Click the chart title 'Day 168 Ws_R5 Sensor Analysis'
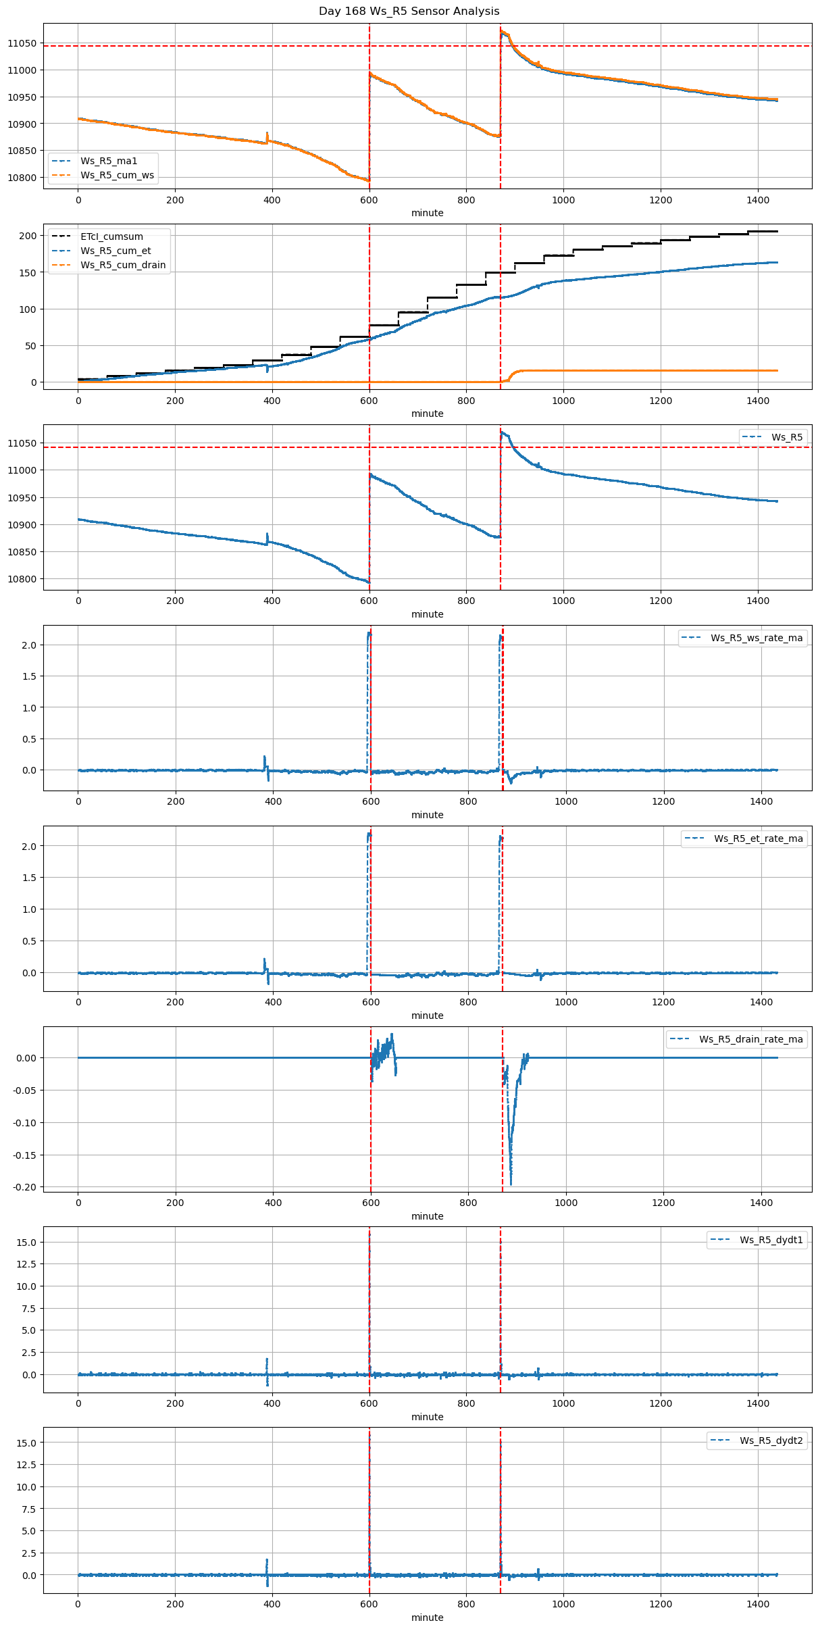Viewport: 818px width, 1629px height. pos(409,11)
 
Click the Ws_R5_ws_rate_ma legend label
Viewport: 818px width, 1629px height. pos(757,638)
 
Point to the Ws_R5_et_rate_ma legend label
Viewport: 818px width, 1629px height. pos(758,838)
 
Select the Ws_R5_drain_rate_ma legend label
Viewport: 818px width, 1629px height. pos(750,1039)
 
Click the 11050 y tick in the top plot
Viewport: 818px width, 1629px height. pos(22,43)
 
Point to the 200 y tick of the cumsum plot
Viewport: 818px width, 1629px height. pos(28,236)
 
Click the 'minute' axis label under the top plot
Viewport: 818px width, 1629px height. pos(427,213)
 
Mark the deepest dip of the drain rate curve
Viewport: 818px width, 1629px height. pos(511,1183)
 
